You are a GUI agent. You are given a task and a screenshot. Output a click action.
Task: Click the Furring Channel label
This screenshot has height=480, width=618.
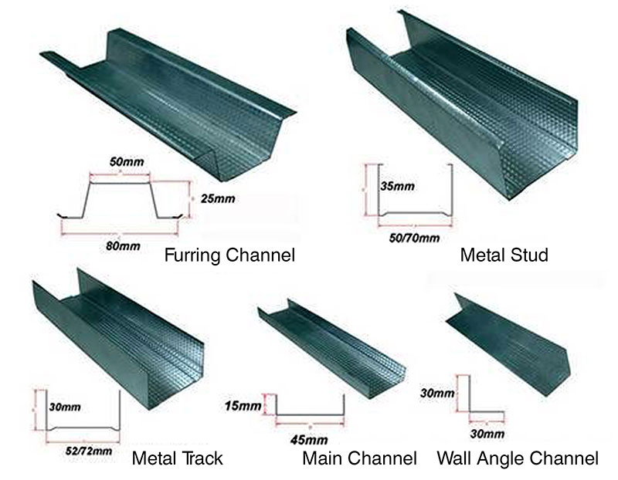(229, 254)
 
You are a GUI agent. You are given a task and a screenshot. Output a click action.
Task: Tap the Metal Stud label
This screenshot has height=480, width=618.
(503, 254)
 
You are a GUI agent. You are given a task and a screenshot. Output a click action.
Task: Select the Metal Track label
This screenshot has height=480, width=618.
(177, 458)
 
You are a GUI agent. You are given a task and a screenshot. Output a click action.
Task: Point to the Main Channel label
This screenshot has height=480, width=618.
(359, 458)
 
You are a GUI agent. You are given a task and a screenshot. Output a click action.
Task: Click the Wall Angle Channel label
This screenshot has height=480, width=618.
(517, 458)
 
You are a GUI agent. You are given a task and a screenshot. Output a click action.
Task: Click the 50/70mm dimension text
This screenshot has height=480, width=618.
(414, 238)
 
